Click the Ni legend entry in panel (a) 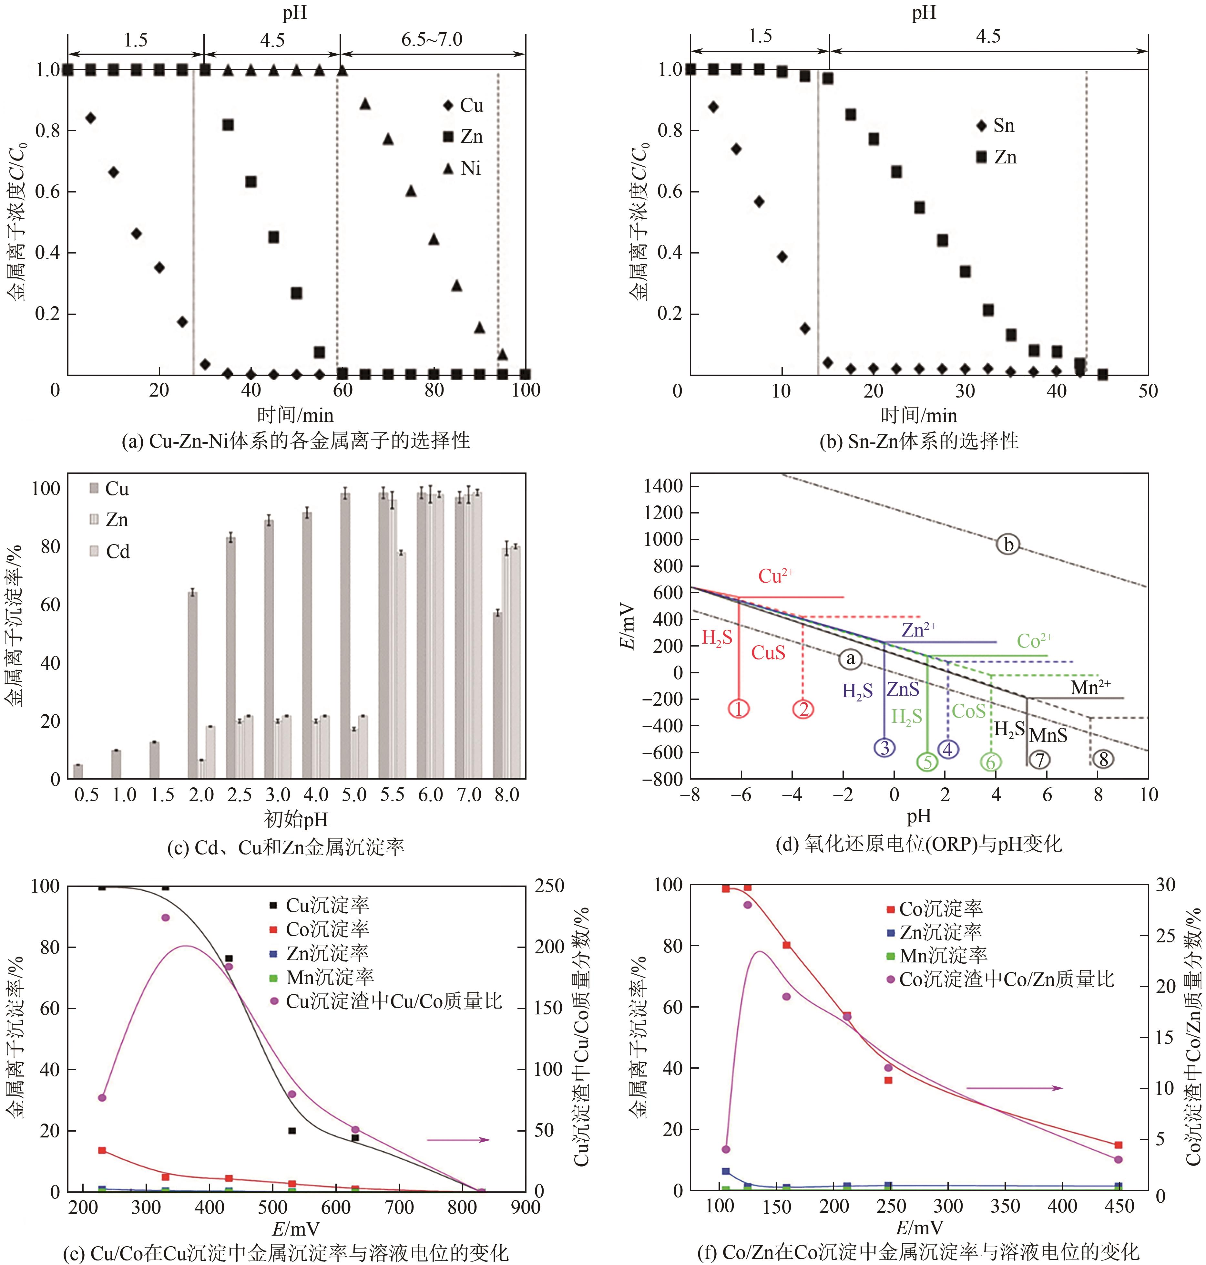tap(463, 169)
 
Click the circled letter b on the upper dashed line tap(1008, 545)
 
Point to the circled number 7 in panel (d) tap(1039, 760)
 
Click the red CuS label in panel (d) tap(768, 653)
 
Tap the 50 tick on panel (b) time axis tap(1148, 391)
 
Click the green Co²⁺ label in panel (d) tap(1034, 640)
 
